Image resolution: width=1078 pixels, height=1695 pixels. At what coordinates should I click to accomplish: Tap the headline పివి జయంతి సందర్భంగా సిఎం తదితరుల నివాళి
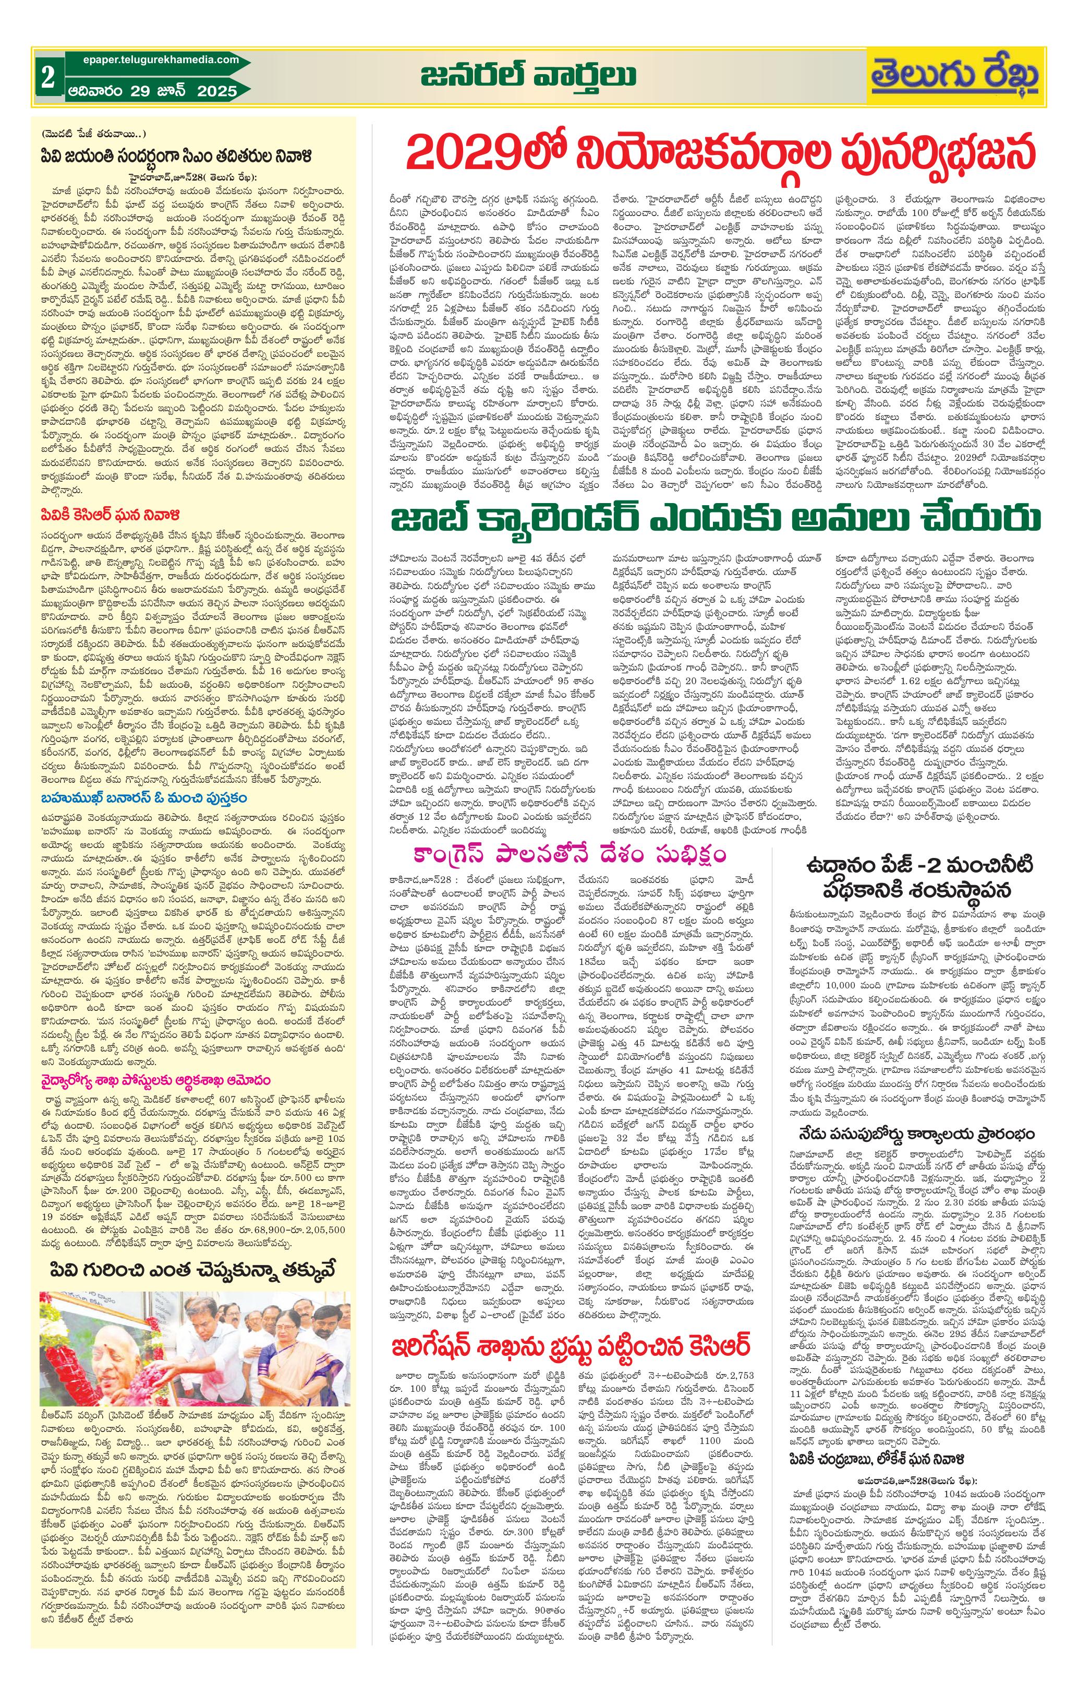pyautogui.click(x=176, y=156)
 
